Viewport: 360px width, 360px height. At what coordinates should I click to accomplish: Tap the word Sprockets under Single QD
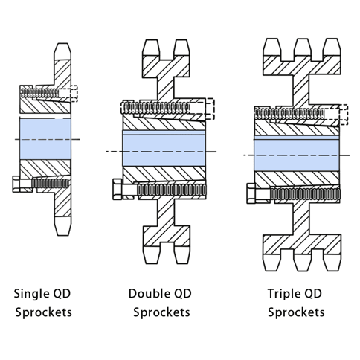point(44,312)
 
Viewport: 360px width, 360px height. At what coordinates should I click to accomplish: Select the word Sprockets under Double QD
point(162,312)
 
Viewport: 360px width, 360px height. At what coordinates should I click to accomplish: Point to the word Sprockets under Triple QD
point(296,312)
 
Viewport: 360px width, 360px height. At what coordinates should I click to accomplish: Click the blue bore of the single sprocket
point(45,138)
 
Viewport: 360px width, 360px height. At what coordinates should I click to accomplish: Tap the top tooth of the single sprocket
point(62,52)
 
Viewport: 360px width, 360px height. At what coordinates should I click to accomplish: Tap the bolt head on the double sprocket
point(118,189)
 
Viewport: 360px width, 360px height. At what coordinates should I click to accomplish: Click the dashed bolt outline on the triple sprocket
point(341,114)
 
